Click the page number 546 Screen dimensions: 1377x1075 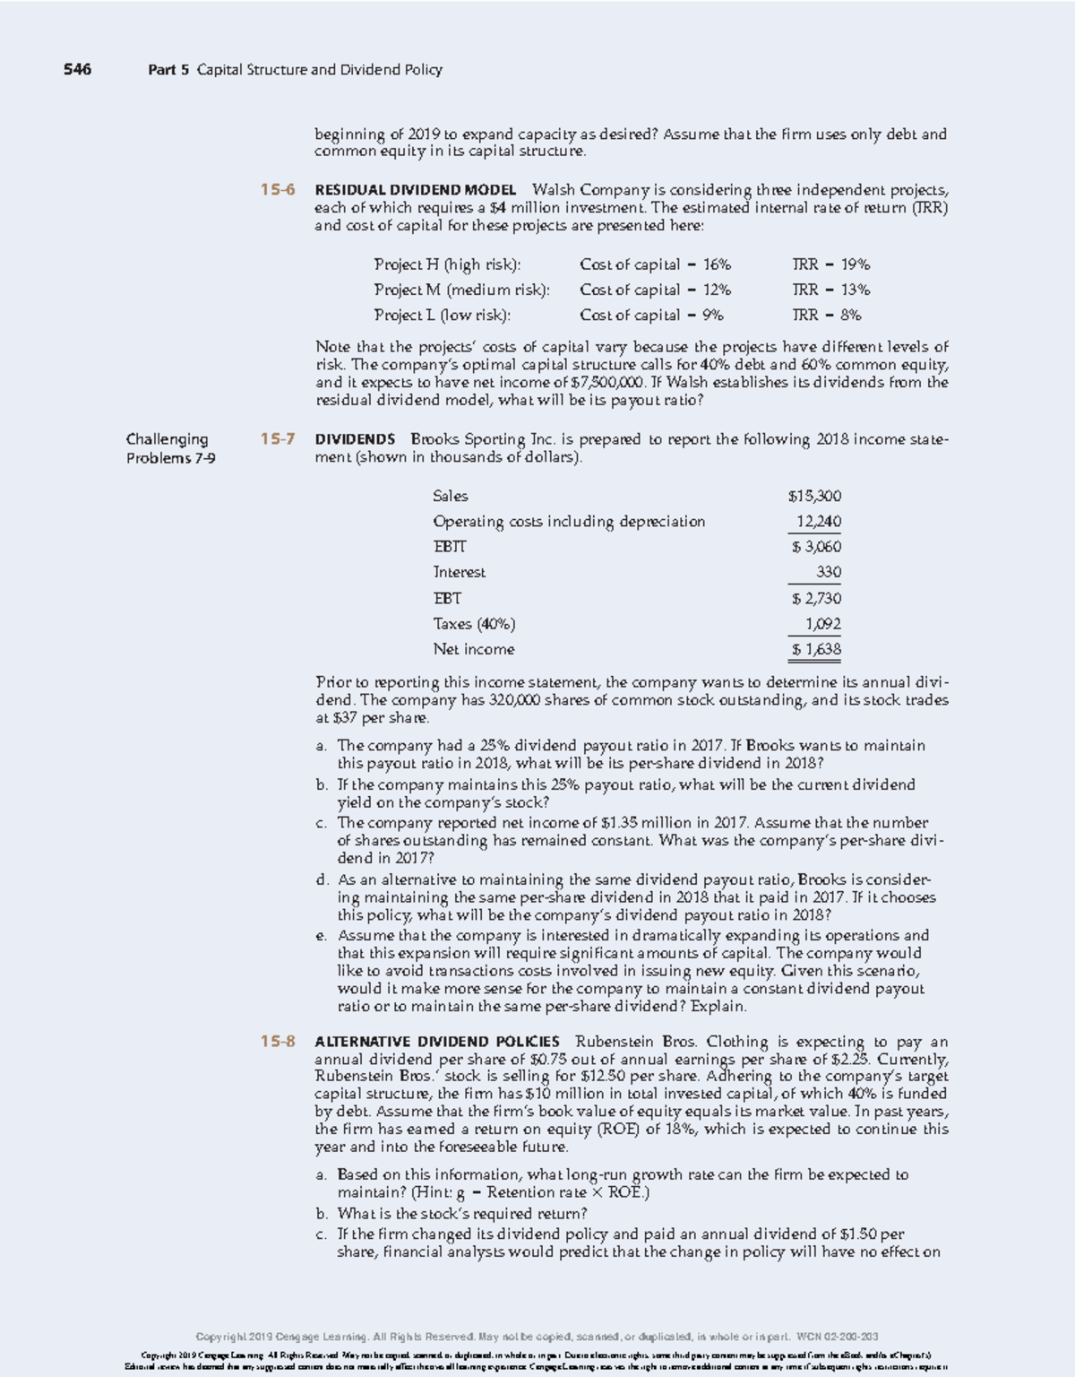pos(77,69)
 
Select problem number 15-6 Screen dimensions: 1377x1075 pos(278,190)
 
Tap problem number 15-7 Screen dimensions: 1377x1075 pos(278,439)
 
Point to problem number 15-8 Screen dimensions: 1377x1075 pos(278,1041)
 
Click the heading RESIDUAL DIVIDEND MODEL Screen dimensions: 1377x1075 pos(416,190)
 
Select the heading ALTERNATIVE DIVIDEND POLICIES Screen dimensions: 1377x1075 pos(437,1041)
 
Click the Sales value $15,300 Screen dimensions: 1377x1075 pos(814,496)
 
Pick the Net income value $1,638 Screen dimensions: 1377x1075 pos(815,649)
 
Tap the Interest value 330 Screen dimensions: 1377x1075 pos(828,572)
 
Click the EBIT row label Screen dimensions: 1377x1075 pos(450,547)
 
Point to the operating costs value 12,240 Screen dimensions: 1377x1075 pos(818,522)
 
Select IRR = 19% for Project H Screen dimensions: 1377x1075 pos(831,264)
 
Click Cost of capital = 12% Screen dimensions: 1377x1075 pos(655,290)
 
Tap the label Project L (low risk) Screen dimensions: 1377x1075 pos(443,315)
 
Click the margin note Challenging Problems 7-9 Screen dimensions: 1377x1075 pos(170,448)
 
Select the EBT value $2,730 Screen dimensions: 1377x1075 pos(815,598)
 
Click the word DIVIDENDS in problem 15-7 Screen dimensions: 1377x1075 pos(355,439)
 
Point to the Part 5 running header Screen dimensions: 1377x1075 pos(295,69)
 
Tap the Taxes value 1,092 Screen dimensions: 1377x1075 pos(822,624)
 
